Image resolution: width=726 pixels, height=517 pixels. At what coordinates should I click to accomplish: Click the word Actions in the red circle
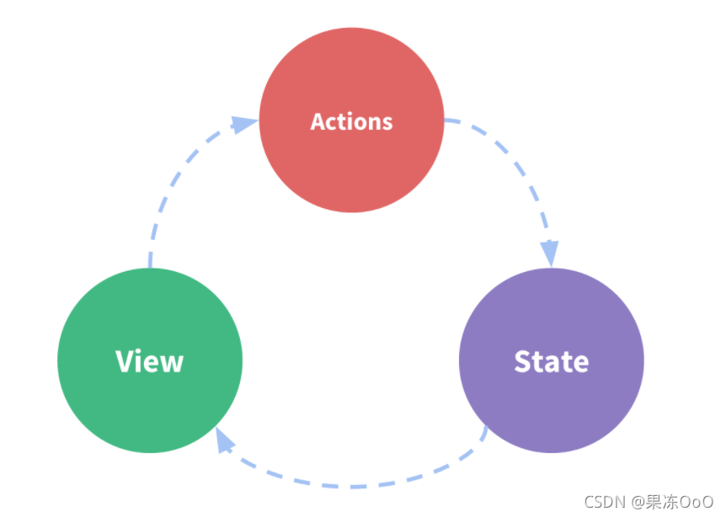(x=351, y=122)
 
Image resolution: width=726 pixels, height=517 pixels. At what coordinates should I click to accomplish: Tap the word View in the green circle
(x=150, y=361)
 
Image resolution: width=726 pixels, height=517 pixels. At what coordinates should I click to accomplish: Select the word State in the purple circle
(x=552, y=361)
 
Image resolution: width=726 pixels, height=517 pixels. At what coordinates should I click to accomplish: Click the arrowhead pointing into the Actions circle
(x=243, y=124)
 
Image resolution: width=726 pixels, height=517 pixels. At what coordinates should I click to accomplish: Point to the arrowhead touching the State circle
(x=550, y=253)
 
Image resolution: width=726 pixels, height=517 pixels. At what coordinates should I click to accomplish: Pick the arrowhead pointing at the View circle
(x=224, y=440)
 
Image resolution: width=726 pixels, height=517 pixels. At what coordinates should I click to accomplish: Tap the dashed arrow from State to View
(x=352, y=486)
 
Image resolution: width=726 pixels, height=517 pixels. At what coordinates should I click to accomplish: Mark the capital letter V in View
(x=125, y=361)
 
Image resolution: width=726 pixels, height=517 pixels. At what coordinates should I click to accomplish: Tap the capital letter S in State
(x=522, y=361)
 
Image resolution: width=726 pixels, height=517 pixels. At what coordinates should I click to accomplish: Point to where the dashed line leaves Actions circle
(x=445, y=120)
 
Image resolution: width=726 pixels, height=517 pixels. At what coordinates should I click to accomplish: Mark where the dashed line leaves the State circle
(x=486, y=427)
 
